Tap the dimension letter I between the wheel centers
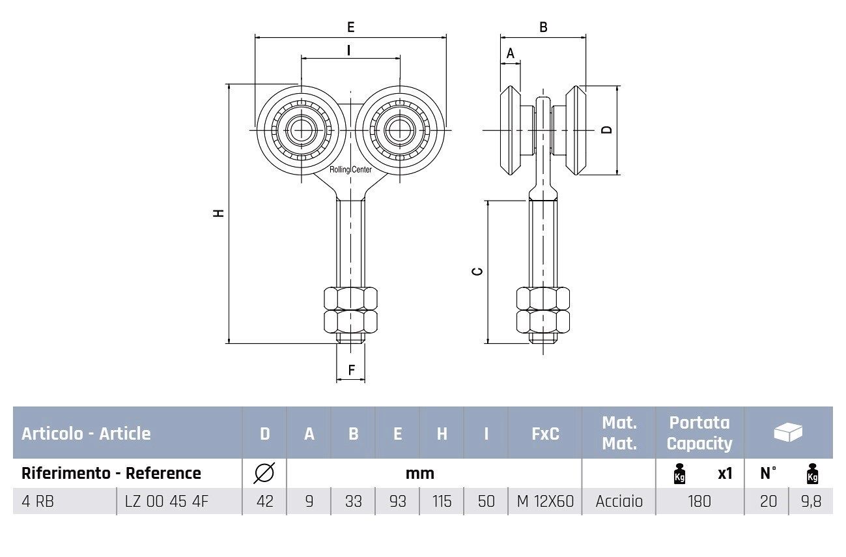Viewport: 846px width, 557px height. pos(350,50)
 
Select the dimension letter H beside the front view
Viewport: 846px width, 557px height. pos(219,212)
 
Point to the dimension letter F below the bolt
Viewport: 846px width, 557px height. pos(351,370)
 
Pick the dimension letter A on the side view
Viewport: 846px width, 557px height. pos(511,53)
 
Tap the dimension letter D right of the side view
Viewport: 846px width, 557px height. pos(607,129)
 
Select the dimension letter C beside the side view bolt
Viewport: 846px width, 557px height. pos(477,270)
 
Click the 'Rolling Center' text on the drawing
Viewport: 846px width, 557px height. pos(350,170)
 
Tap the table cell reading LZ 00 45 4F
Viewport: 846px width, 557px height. pos(166,502)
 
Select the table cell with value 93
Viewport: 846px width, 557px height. pos(397,502)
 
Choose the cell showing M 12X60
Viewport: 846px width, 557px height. pos(544,502)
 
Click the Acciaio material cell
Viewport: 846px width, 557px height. pos(619,502)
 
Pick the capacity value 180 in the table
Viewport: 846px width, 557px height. pos(699,502)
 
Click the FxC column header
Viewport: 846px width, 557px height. pos(544,433)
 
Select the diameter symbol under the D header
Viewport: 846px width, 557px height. pos(264,473)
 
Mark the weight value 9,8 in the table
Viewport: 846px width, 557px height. pos(811,502)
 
